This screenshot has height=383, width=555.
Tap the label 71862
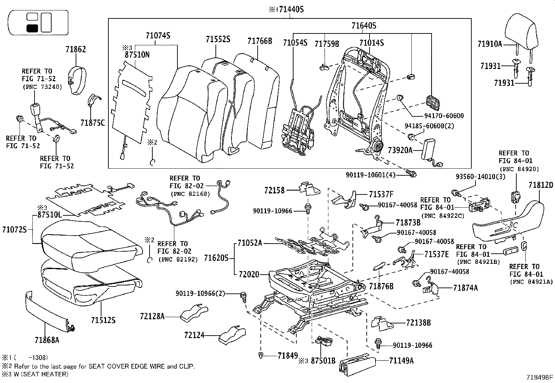coord(76,49)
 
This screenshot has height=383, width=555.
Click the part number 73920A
coord(400,150)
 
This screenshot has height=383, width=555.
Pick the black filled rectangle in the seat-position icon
coord(32,29)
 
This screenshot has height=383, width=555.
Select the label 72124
coord(194,335)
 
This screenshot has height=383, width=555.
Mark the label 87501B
coord(323,361)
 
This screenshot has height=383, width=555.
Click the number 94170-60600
coord(439,116)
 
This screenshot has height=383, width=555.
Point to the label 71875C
coord(92,123)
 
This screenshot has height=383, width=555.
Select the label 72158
coord(274,190)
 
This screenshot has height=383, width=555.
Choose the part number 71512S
coord(103,320)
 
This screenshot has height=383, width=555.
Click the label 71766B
coord(260,41)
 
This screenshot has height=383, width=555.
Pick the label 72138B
coord(418,323)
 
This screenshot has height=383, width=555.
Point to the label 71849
coord(288,355)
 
